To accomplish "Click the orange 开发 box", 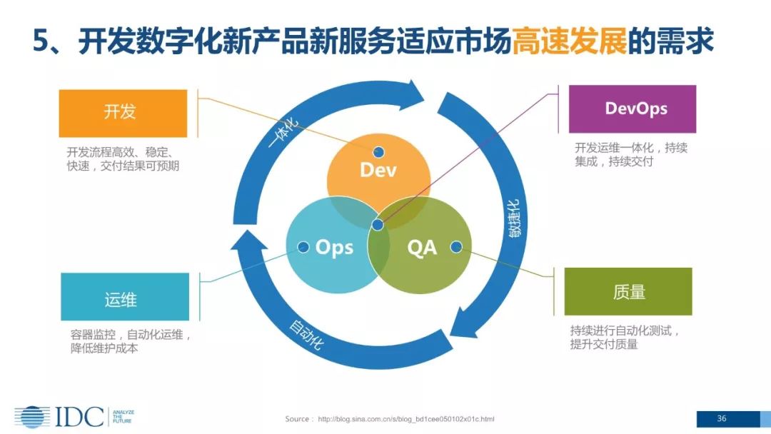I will click(x=123, y=113).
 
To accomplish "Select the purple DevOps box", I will click(x=632, y=109).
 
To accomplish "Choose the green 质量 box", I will click(x=628, y=291).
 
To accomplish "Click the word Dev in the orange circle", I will click(x=378, y=170).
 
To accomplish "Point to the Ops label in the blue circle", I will click(x=334, y=248).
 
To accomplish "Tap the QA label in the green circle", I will click(x=421, y=248).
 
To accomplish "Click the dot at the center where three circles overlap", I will click(x=378, y=226).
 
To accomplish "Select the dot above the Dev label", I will click(x=378, y=151).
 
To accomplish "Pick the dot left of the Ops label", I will click(x=303, y=247).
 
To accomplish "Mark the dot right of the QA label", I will click(x=456, y=247).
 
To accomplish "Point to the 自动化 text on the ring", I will click(x=306, y=334).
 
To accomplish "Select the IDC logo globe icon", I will click(x=32, y=417).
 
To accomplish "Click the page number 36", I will click(x=722, y=418).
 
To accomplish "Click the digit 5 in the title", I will click(x=41, y=42).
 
